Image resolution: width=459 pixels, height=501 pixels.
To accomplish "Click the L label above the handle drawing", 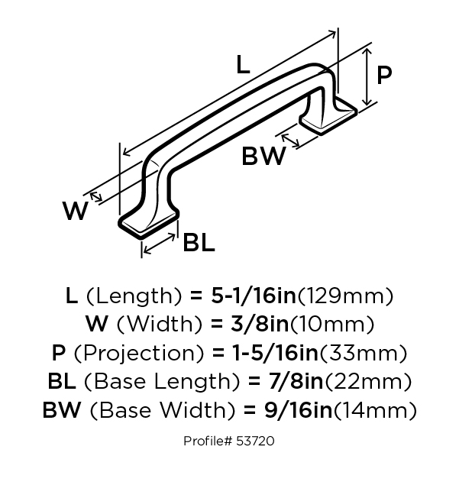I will [x=242, y=65].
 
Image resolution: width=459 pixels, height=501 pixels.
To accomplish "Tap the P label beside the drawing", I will [x=384, y=74].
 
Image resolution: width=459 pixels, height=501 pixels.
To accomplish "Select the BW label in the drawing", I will [x=263, y=157].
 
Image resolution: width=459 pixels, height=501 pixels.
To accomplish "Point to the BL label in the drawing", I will [x=198, y=243].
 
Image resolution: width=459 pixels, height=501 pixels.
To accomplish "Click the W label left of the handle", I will [x=76, y=210].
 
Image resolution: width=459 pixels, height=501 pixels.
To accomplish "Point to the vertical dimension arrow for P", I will [x=368, y=75].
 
